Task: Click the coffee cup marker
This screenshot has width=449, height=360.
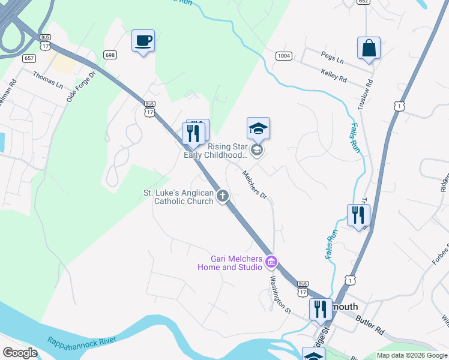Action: pos(143,41)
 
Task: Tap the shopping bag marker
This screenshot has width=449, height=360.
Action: pos(369,49)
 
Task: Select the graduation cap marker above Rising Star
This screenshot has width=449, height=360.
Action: pos(258,128)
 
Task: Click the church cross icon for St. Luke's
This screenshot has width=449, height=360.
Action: pos(223,196)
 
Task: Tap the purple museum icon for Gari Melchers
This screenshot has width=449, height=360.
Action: pos(271,261)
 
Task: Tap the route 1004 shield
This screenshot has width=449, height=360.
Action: pos(284,56)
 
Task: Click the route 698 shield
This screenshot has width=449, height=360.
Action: pos(109,55)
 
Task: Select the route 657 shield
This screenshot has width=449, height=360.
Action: pos(29,58)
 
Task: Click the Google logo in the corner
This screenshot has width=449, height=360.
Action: pos(19,353)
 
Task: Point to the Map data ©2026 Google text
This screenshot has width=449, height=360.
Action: pos(412,355)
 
